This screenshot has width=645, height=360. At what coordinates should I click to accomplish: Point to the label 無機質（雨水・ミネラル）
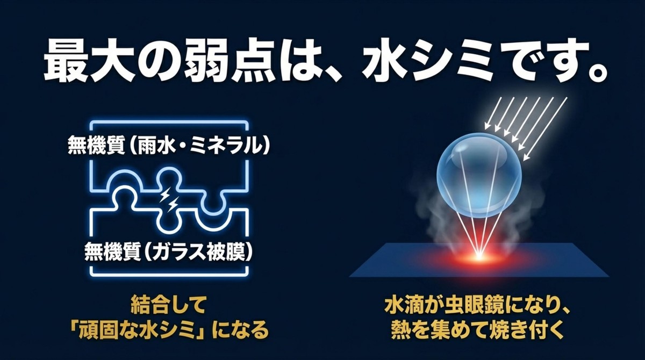[168, 145]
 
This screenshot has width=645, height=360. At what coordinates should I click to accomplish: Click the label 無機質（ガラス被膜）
[168, 251]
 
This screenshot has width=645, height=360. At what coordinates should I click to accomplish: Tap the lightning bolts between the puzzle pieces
[169, 199]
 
